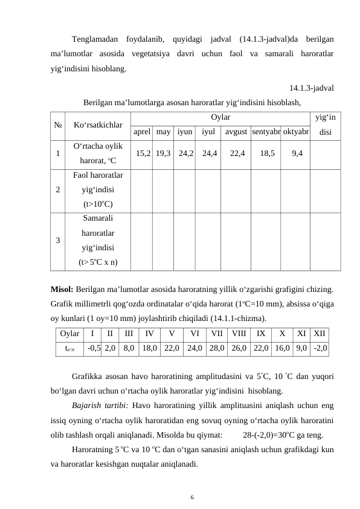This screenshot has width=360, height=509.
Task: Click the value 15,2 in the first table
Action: [x=144, y=154]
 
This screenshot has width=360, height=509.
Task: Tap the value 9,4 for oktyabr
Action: [x=297, y=154]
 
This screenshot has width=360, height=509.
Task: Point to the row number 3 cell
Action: [x=58, y=240]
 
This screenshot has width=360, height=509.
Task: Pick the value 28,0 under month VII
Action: [x=217, y=348]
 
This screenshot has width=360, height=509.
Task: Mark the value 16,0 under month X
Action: [x=282, y=348]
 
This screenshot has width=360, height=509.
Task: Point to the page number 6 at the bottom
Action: [x=191, y=497]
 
